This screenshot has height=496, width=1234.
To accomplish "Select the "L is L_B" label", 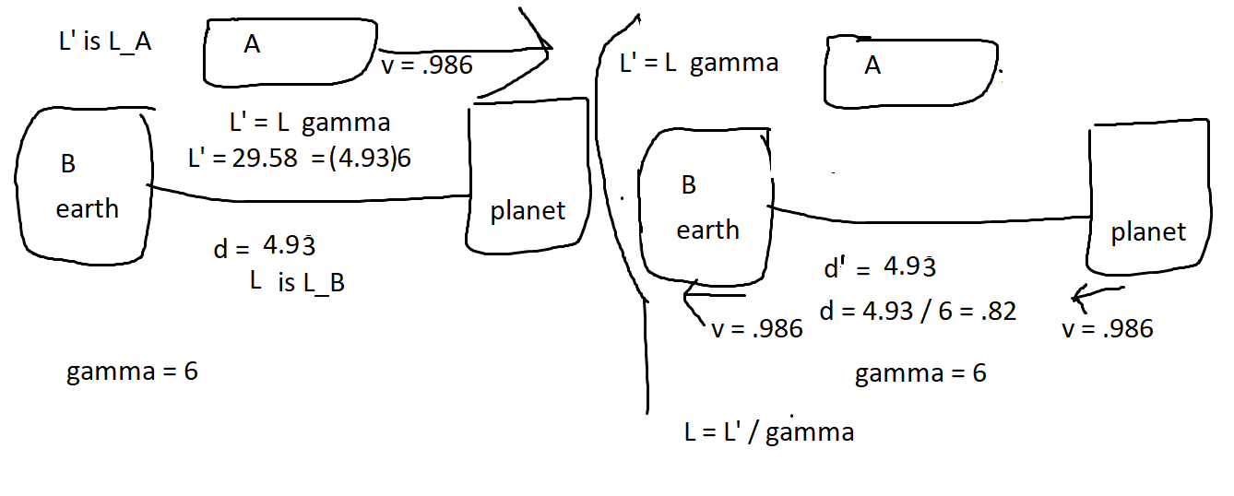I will [297, 283].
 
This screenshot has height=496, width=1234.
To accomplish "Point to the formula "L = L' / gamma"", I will [768, 431].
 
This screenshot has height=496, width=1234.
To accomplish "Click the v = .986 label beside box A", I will [426, 65].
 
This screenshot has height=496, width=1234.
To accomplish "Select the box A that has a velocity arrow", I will [290, 51].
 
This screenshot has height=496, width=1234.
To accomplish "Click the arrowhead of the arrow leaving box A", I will [540, 41].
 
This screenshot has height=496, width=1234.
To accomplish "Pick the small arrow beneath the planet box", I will [1086, 297].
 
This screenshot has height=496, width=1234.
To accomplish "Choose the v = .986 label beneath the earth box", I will [757, 328].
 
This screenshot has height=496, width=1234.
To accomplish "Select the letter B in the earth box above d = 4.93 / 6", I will [688, 185].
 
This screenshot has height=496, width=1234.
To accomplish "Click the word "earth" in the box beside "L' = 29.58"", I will [88, 208].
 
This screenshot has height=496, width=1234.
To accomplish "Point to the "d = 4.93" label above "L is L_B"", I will [266, 246].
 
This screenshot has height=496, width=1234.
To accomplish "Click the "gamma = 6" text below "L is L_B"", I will [132, 372].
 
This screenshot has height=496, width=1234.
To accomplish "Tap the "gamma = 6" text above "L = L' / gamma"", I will [920, 373].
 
